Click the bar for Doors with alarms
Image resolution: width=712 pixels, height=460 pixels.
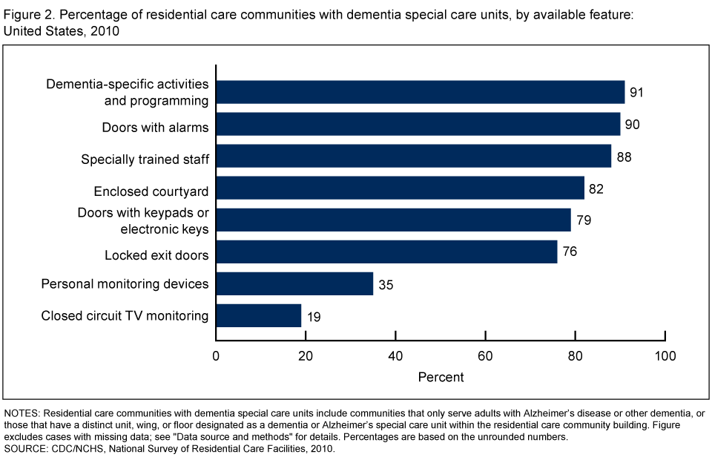(418, 125)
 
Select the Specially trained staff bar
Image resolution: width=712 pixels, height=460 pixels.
(414, 157)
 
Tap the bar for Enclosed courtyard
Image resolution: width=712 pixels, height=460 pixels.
(400, 188)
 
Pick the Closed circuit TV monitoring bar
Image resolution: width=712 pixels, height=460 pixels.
(259, 316)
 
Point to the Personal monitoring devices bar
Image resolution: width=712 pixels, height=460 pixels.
(294, 284)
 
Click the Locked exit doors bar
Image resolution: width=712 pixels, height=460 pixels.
(386, 252)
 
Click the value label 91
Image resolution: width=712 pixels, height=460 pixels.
(637, 93)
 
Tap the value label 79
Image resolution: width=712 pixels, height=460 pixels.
(584, 220)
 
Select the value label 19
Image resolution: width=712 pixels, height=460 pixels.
(313, 316)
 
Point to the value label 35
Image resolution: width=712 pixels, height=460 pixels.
(385, 284)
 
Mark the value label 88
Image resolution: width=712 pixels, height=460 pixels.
(624, 157)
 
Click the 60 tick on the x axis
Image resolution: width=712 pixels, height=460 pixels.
(486, 355)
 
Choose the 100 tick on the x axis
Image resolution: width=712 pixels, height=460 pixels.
(665, 355)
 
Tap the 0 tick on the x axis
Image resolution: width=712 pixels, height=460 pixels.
(217, 355)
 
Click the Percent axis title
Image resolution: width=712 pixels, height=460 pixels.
(441, 377)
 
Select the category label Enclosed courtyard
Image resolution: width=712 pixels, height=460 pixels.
(151, 191)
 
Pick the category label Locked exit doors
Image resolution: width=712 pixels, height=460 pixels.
(156, 256)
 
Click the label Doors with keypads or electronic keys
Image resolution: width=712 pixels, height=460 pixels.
(143, 220)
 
